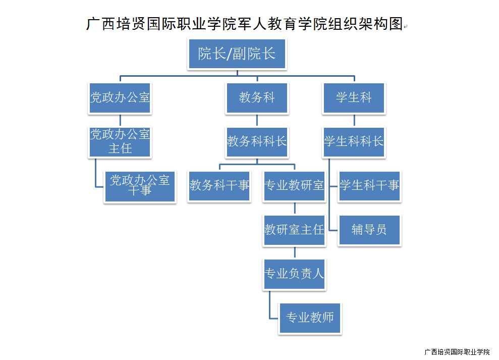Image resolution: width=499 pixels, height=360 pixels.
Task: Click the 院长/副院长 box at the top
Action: [x=237, y=54]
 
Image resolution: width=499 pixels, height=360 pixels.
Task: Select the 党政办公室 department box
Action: [x=120, y=97]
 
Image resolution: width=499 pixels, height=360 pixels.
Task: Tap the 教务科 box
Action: [x=257, y=97]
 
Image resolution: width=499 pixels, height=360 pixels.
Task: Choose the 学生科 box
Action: [x=354, y=97]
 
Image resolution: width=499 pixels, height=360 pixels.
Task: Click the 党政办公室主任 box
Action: [x=120, y=141]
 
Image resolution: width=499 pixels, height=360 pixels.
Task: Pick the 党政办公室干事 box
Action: [x=140, y=186]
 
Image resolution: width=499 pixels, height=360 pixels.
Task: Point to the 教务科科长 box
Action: [x=257, y=141]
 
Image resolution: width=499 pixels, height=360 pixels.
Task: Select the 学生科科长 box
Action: [x=354, y=141]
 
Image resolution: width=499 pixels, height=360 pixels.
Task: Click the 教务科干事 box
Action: [x=219, y=186]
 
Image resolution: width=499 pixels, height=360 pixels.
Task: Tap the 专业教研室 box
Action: [x=294, y=186]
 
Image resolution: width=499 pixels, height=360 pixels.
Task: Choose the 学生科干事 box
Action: [x=369, y=186]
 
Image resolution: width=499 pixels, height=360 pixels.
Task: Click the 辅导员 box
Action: [x=369, y=230]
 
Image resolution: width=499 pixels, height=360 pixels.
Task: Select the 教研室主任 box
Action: [x=294, y=230]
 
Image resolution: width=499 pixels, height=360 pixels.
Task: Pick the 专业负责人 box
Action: [x=294, y=274]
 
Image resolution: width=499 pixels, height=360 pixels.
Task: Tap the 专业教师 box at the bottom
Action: [x=310, y=318]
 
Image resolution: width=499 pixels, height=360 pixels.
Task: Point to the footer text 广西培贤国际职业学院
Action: [x=457, y=352]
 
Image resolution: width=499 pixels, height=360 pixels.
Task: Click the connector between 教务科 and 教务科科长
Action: [x=257, y=120]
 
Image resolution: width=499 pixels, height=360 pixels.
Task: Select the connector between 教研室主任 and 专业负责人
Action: [x=294, y=252]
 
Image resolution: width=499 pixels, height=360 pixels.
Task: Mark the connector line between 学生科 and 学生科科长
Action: [x=354, y=120]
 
